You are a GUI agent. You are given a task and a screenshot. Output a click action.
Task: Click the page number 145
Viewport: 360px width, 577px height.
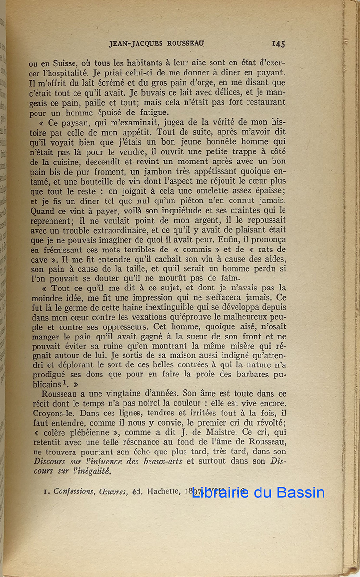[278, 44]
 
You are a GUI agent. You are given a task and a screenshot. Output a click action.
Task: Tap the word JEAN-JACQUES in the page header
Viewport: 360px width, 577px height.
[133, 44]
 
